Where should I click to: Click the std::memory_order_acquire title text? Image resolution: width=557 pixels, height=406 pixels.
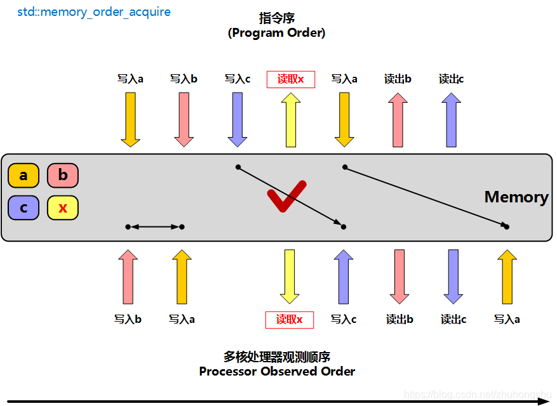point(94,12)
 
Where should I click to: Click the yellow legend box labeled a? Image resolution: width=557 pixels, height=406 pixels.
point(23,176)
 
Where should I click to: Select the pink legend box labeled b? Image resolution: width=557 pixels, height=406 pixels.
point(63,175)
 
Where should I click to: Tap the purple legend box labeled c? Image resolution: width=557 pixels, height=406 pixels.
point(23,207)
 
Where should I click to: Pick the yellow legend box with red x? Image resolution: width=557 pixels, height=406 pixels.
point(63,207)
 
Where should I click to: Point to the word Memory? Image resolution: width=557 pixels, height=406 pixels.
point(516,197)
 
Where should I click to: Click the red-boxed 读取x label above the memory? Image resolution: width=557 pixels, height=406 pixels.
point(291,79)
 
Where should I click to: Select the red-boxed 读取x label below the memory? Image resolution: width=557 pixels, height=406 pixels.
point(290,320)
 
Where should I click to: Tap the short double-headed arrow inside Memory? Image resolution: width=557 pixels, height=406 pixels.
point(155,226)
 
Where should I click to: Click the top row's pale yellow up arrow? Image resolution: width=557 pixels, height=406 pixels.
point(291,119)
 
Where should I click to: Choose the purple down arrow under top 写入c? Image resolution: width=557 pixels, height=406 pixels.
point(238,119)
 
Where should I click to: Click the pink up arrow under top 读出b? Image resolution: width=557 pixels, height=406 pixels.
point(398,119)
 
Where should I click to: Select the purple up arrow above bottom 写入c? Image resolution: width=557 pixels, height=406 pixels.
point(344,277)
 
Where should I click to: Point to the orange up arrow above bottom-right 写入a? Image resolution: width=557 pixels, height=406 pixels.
point(507,277)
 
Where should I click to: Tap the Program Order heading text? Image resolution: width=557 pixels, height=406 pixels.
point(277,33)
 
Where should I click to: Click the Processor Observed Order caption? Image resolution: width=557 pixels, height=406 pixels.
point(277,371)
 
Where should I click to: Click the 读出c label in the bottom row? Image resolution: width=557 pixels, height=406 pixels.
point(453,320)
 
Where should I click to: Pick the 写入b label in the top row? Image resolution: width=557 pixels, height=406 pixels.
point(184,79)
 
